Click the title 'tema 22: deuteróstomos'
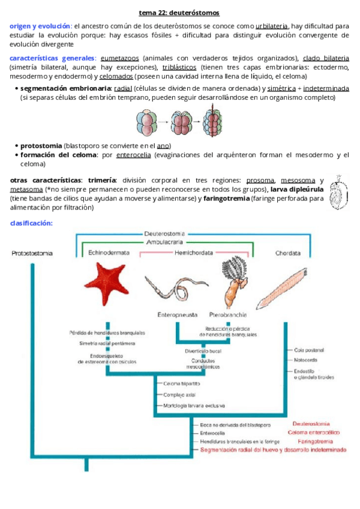(179, 12)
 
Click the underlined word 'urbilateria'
(271, 26)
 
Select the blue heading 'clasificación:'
(32, 223)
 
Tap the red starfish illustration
(107, 283)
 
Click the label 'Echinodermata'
(109, 253)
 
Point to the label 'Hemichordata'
(193, 253)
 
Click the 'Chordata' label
(288, 253)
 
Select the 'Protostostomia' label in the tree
(32, 253)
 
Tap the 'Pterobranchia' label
(227, 314)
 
